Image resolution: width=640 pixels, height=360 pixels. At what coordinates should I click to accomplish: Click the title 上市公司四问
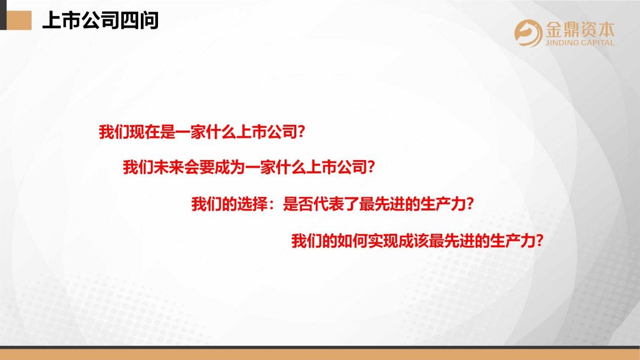(100, 20)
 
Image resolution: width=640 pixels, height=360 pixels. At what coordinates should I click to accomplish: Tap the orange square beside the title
(19, 20)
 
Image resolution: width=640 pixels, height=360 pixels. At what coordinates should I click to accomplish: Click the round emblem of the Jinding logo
(528, 33)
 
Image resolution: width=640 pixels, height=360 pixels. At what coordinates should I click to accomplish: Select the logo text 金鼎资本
(580, 30)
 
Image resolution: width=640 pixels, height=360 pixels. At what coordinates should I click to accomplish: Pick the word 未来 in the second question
(169, 167)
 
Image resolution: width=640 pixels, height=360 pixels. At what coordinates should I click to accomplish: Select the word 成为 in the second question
(230, 167)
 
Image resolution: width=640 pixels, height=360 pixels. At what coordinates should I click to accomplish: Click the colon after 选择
(272, 205)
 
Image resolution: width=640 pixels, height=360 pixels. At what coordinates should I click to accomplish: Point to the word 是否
(298, 204)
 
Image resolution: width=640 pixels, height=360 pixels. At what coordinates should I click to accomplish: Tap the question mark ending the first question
(301, 132)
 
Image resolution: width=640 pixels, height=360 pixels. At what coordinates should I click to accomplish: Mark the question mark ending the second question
(371, 167)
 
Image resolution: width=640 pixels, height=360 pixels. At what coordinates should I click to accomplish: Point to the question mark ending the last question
(540, 241)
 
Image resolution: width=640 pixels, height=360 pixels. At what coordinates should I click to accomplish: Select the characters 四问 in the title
(139, 20)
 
